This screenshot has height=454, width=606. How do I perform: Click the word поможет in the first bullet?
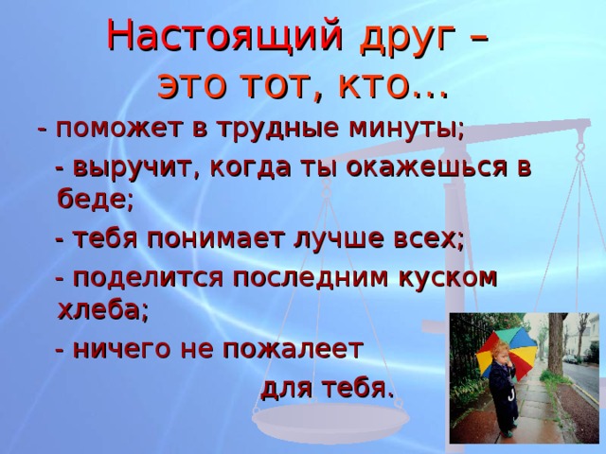click(118, 129)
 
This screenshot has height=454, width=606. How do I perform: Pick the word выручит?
click(134, 168)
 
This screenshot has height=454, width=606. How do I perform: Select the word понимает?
click(217, 239)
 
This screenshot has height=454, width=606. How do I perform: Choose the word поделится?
click(148, 277)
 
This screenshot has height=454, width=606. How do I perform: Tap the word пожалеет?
click(293, 349)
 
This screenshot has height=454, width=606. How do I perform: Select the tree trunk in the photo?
click(556, 342)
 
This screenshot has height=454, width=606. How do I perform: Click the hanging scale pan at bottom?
click(330, 419)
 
